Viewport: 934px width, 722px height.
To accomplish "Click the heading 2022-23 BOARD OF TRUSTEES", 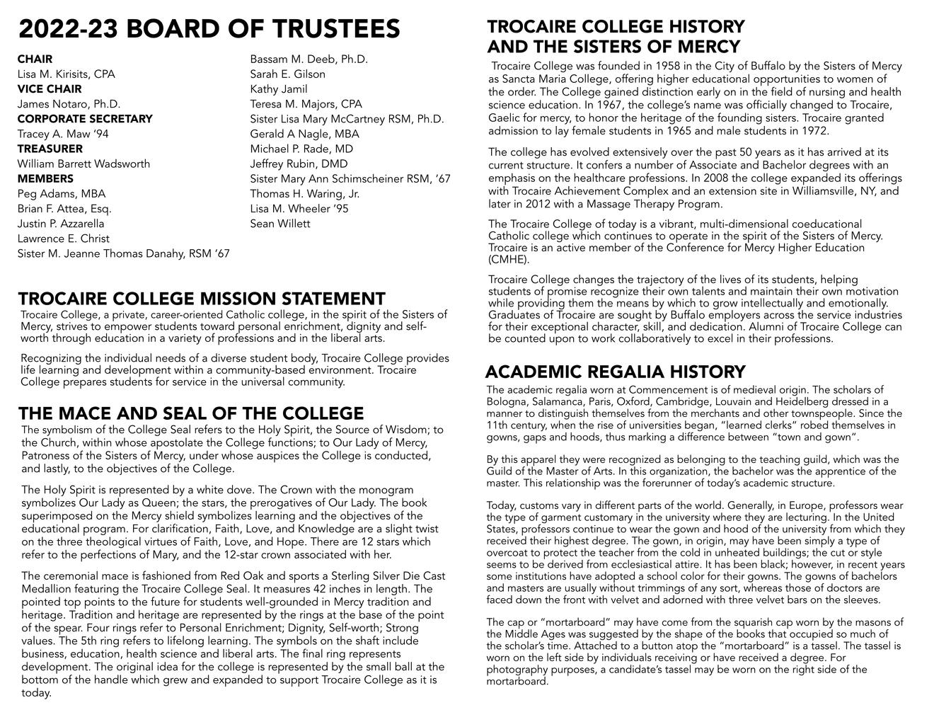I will (x=209, y=30).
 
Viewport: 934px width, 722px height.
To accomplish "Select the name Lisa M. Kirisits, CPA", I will (x=66, y=74).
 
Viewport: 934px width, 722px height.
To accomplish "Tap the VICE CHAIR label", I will (x=50, y=89).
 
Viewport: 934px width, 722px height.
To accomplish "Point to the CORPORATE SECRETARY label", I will (x=85, y=119).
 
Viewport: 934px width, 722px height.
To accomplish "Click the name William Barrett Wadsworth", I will (x=83, y=164).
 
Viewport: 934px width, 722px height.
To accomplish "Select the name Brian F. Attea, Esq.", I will (x=64, y=209).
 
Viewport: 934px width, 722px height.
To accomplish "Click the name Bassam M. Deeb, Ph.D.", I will (x=309, y=59).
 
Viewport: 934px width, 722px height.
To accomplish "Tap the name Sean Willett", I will (x=280, y=224).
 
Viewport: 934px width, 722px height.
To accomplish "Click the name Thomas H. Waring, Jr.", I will (x=305, y=193).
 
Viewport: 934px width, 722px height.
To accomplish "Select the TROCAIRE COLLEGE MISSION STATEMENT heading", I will (x=202, y=299).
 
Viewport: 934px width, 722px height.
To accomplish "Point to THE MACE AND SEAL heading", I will (x=191, y=413).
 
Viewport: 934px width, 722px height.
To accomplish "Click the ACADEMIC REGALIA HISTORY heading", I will (x=616, y=372).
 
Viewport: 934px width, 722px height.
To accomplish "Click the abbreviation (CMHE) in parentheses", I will (x=508, y=260).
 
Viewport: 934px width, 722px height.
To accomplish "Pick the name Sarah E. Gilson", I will (x=288, y=74).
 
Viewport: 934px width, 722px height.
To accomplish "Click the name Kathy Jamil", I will (x=279, y=89).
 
